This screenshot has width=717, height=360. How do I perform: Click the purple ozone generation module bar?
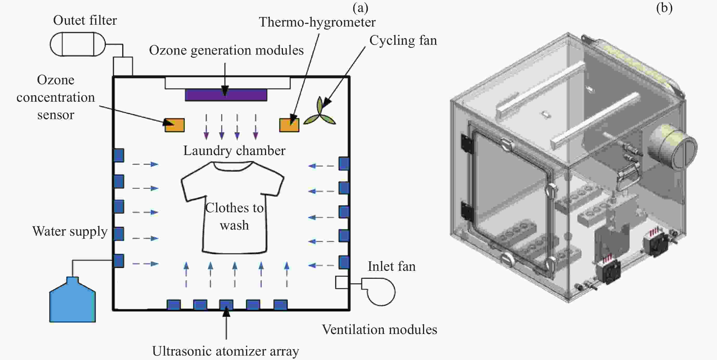click(x=226, y=95)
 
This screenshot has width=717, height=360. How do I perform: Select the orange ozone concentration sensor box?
click(x=175, y=125)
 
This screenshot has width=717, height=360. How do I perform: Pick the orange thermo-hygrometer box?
click(x=289, y=125)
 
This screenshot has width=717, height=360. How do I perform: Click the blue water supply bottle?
click(x=72, y=300)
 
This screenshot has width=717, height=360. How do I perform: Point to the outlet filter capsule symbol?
click(x=78, y=44)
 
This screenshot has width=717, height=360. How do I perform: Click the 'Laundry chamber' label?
click(x=234, y=151)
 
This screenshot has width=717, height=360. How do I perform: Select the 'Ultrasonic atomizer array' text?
click(x=226, y=351)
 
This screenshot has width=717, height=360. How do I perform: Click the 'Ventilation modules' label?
click(x=379, y=329)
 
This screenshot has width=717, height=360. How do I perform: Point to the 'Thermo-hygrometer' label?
click(x=317, y=22)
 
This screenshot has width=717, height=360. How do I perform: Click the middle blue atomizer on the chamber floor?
click(x=226, y=304)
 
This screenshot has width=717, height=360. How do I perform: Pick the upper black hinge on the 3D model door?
click(x=467, y=144)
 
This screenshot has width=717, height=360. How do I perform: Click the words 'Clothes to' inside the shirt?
click(x=234, y=208)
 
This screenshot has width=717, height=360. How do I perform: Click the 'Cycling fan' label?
click(x=403, y=41)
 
